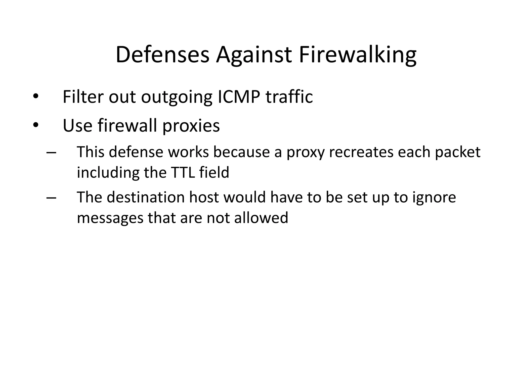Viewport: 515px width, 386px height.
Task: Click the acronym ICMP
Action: [x=239, y=97]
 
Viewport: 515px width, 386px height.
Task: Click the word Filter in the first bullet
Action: [x=83, y=97]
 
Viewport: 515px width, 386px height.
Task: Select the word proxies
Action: [x=191, y=125]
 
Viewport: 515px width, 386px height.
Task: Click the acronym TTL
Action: [x=183, y=172]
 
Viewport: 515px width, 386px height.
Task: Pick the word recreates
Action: [x=361, y=152]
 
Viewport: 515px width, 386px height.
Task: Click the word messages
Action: [x=110, y=218]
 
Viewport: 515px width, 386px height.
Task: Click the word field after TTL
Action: [x=214, y=172]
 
